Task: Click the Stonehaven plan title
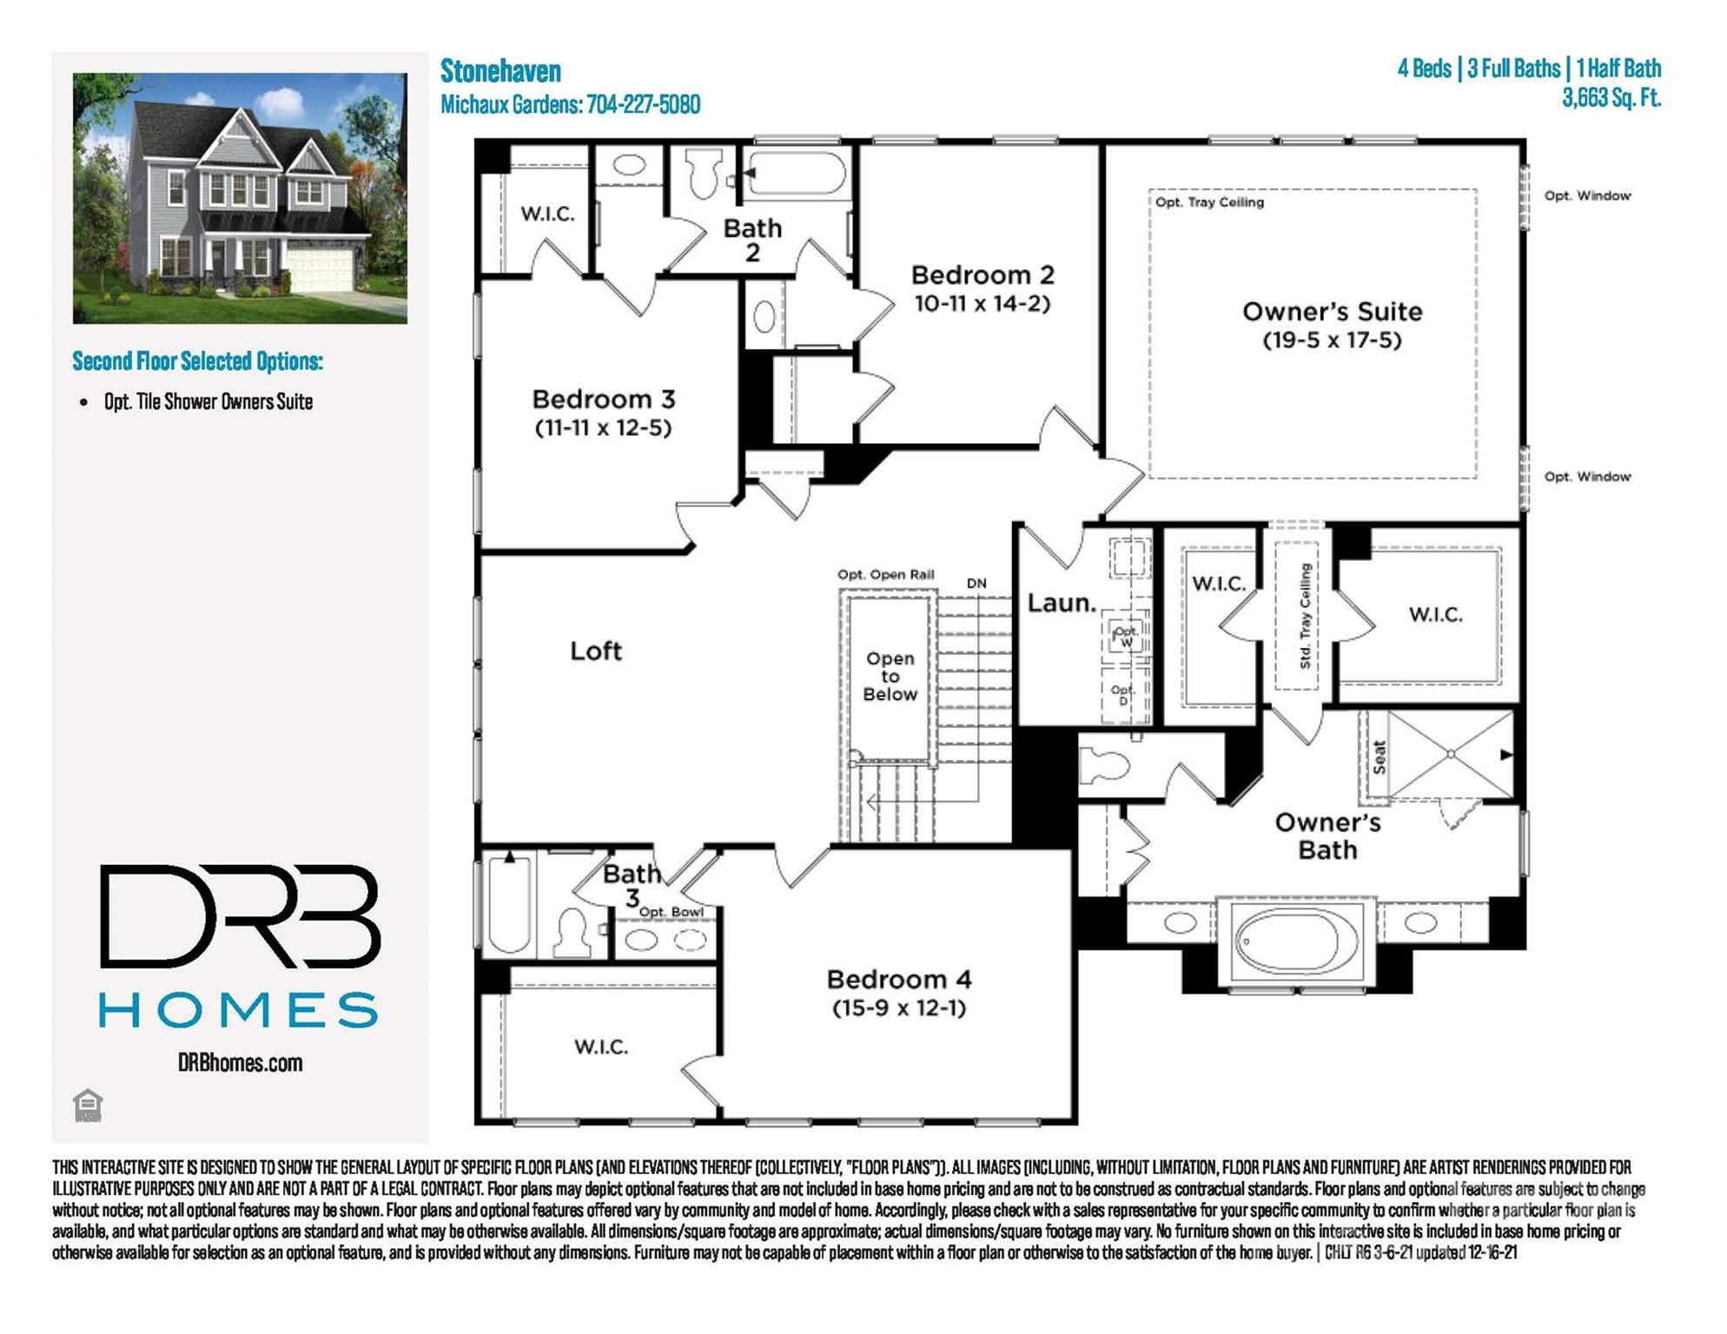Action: coord(500,71)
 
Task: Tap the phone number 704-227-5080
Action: coord(643,105)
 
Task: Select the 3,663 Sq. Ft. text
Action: coord(1611,97)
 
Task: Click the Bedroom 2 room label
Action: coord(983,275)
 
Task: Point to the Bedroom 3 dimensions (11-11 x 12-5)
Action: coord(603,428)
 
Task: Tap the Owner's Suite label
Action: coord(1332,312)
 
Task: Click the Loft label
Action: coord(596,650)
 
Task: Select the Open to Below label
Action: coord(890,677)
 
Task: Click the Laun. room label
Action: coord(1062,603)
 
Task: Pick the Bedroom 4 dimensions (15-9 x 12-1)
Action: coord(899,1008)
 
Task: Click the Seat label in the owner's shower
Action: coord(1380,756)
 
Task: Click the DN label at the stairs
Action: coord(976,584)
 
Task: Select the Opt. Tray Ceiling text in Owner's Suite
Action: coord(1209,202)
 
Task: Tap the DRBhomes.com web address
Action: coord(240,1063)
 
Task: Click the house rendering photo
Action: coord(240,198)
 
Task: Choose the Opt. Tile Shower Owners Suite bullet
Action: coord(208,402)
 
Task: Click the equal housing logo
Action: coord(88,1106)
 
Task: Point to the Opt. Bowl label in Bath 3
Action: coord(672,912)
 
